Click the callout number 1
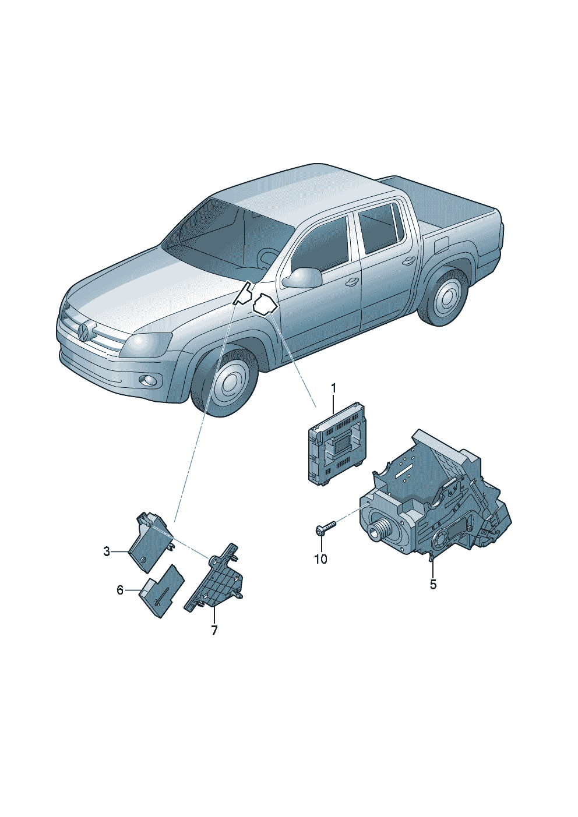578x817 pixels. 334,388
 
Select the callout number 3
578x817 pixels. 107,551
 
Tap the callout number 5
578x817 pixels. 433,585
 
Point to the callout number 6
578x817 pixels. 120,590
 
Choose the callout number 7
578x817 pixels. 214,630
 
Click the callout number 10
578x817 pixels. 320,559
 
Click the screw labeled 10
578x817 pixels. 324,529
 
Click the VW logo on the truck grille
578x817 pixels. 83,332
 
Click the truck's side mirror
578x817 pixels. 303,278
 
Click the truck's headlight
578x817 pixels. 146,345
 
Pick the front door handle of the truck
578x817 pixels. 351,282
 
